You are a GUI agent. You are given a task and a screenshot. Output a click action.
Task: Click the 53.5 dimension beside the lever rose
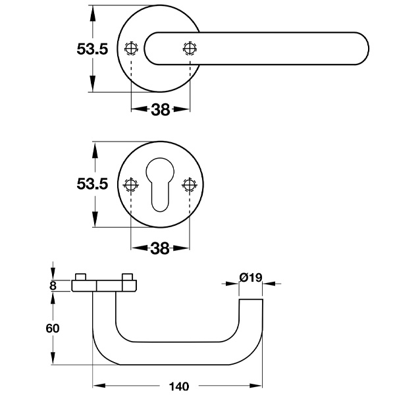(x=92, y=50)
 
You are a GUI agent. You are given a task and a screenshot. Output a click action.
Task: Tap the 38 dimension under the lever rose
(x=161, y=110)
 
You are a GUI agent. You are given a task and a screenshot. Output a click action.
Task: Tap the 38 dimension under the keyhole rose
(x=160, y=248)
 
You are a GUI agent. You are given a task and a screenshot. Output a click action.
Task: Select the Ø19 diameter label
(x=251, y=277)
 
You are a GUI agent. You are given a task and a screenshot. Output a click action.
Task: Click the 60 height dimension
(x=53, y=329)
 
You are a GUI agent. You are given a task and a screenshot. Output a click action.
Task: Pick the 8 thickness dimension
(x=53, y=286)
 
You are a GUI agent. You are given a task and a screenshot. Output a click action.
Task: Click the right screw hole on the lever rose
(x=190, y=49)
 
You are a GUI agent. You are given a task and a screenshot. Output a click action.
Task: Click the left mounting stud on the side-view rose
(x=82, y=276)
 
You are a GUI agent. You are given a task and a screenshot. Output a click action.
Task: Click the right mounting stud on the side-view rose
(x=128, y=276)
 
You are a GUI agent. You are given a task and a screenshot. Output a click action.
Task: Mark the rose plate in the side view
(x=105, y=286)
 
